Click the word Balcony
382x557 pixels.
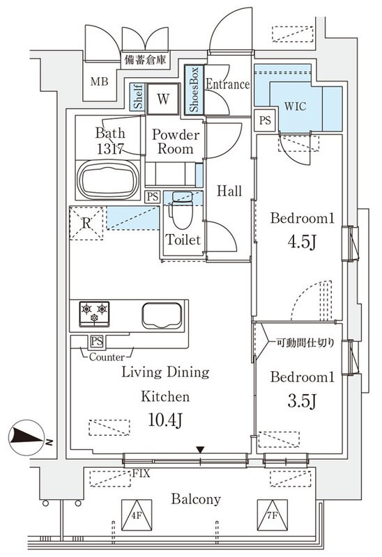point(197,499)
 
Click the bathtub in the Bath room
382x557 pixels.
point(107,180)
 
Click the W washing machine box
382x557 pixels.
point(162,99)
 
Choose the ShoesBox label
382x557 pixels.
point(194,91)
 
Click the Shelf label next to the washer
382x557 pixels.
point(138,98)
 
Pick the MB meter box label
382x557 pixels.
point(100,81)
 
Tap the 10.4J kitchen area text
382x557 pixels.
point(166,420)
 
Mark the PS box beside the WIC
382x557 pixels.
point(264,120)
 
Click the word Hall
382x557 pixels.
point(229,191)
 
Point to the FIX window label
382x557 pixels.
point(142,473)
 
